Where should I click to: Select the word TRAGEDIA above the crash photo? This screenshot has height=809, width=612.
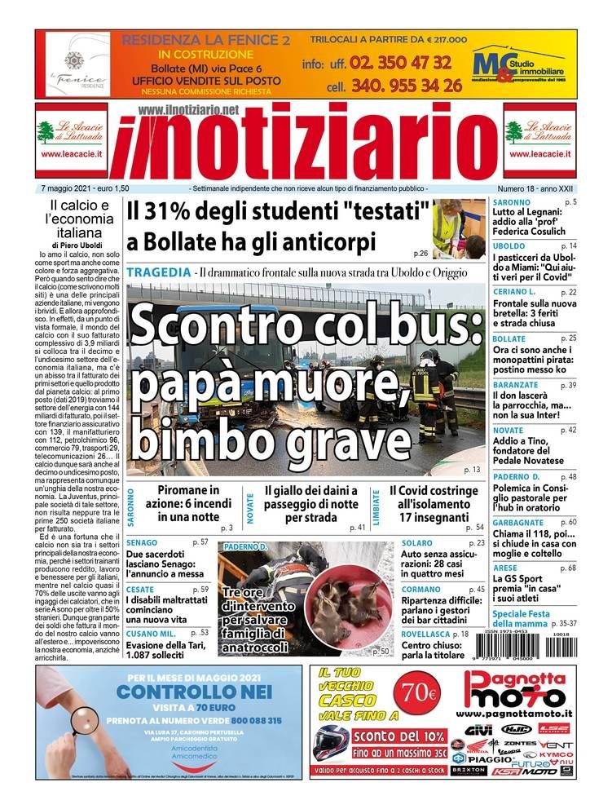click(159, 271)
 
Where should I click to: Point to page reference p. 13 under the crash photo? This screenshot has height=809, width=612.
click(471, 471)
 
